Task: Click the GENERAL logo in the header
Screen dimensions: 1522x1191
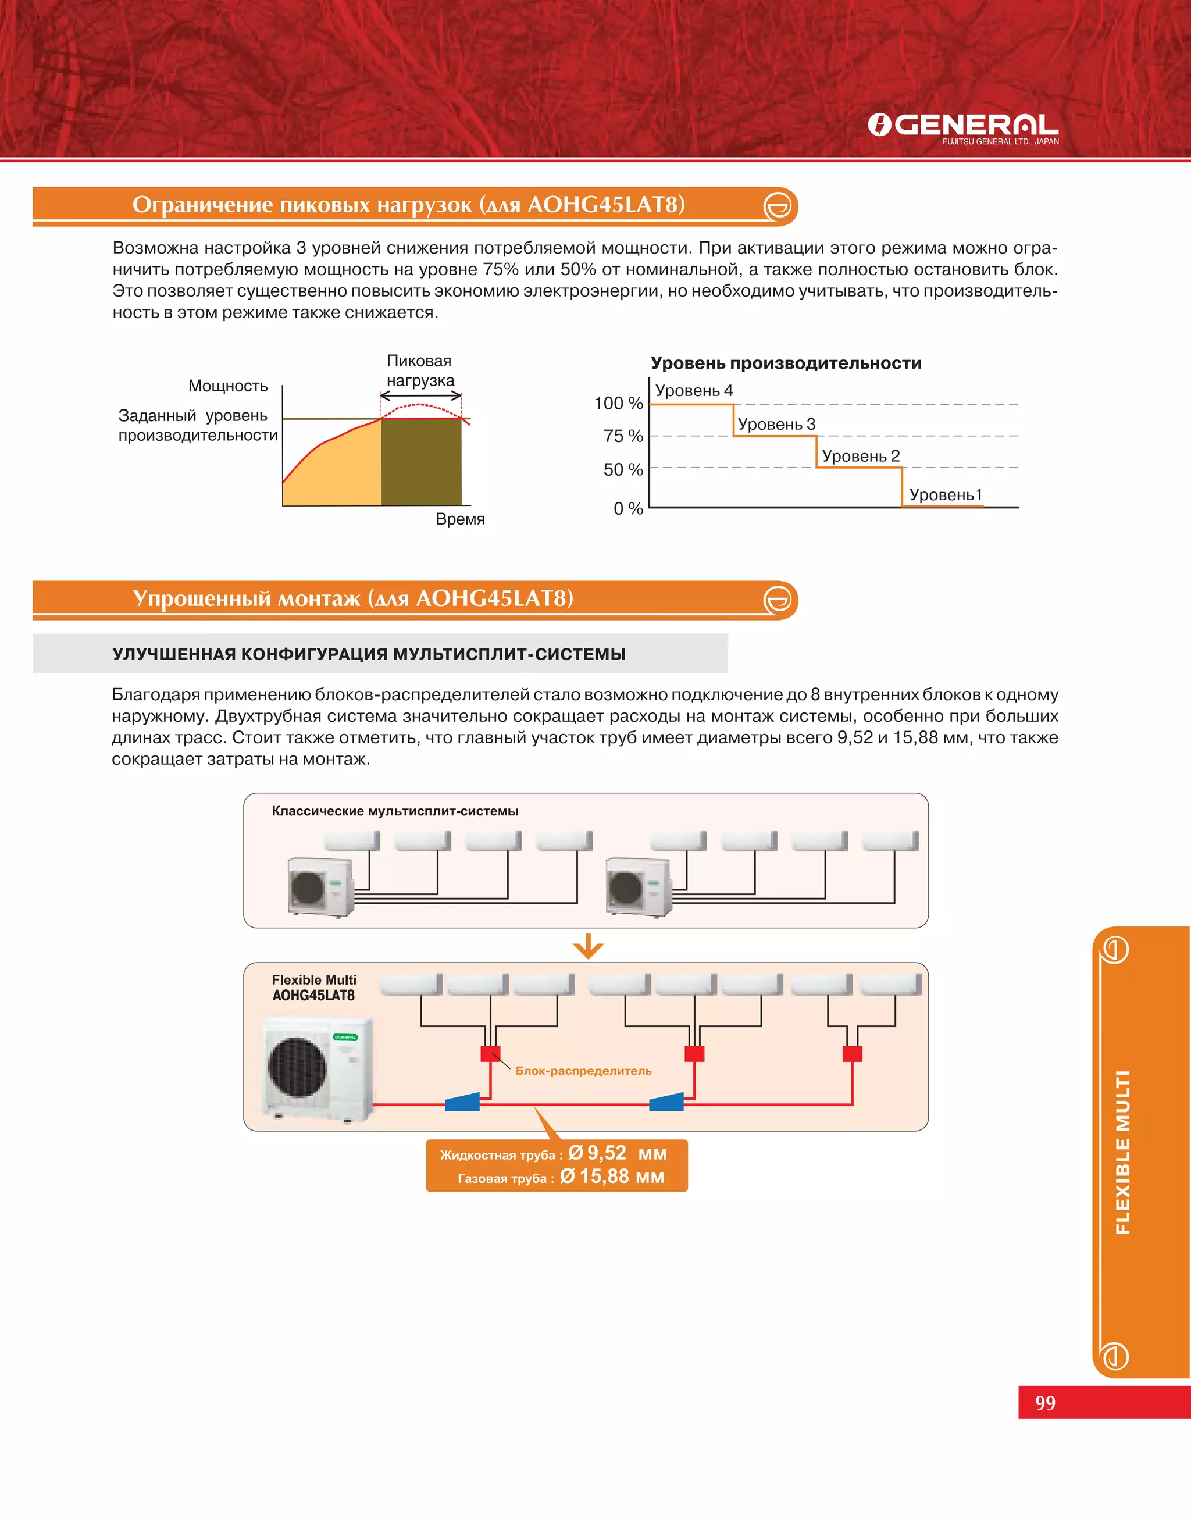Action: [962, 126]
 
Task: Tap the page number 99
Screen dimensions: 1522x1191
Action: [1044, 1403]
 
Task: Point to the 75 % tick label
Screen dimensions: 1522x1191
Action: [623, 436]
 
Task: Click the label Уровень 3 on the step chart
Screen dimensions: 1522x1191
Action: [776, 424]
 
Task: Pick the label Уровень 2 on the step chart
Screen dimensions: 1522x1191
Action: [861, 456]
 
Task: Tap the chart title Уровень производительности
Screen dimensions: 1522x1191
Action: [786, 363]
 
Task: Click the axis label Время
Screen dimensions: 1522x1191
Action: [459, 519]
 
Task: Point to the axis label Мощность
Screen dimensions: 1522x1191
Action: [228, 386]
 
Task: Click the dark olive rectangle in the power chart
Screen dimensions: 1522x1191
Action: [421, 462]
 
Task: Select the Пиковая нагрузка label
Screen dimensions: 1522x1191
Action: [420, 371]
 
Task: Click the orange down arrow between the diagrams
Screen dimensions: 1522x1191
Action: [588, 946]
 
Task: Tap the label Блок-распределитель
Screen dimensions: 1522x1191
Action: [583, 1071]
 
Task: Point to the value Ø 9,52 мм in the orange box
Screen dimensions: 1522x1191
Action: [617, 1153]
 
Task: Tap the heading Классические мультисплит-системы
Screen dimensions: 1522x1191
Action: [395, 811]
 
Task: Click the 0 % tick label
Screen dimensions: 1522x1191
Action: [627, 508]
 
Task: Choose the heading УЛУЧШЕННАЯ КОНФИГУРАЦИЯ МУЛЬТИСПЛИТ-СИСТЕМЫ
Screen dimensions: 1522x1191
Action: [369, 654]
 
